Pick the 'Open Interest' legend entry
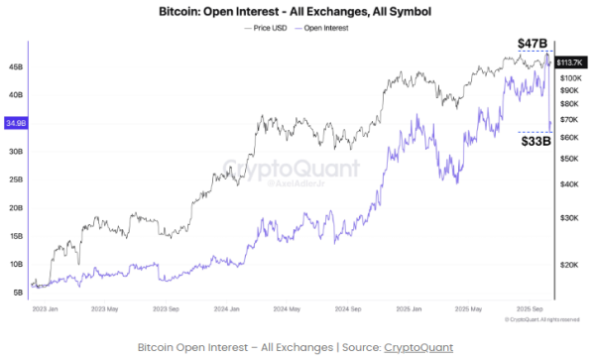[326, 29]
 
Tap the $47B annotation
[533, 44]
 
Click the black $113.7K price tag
[572, 61]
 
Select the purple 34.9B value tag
[16, 123]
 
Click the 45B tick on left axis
[17, 67]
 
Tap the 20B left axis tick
[17, 208]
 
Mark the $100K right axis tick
[574, 77]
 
